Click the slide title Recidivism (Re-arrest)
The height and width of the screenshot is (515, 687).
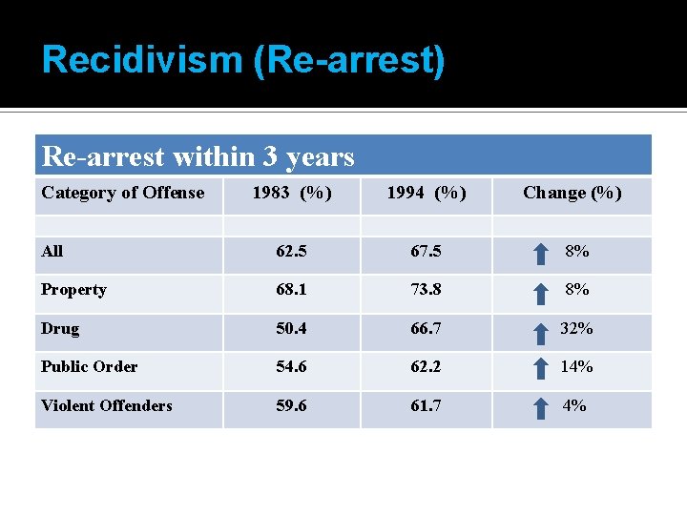243,60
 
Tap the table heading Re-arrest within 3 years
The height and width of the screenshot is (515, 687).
198,155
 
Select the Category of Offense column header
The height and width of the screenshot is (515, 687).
123,193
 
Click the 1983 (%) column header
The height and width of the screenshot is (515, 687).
292,193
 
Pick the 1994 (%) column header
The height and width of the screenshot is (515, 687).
426,193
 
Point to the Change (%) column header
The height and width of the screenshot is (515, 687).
572,193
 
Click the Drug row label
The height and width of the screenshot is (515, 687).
60,328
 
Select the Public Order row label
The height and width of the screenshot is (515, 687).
90,366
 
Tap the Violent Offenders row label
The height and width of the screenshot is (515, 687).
107,405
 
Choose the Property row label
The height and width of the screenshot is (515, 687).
73,289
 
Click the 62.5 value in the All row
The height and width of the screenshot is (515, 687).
292,252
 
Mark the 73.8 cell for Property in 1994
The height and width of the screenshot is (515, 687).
426,289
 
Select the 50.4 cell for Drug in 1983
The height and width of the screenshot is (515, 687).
292,328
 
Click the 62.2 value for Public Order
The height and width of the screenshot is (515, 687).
426,366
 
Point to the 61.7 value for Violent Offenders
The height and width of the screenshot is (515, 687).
426,405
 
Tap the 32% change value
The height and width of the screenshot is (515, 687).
576,328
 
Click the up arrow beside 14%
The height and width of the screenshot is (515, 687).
540,368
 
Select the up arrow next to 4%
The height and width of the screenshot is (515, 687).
540,407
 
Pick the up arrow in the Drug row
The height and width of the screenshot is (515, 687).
540,330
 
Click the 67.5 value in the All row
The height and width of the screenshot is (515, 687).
426,252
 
